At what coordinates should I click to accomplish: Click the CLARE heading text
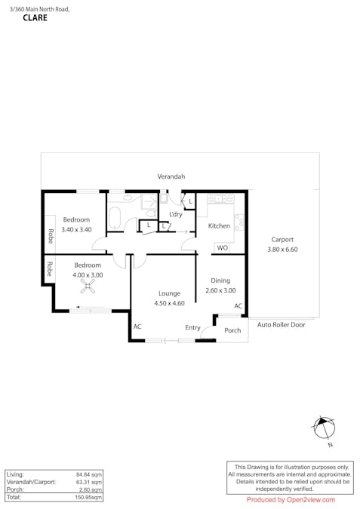click(35, 18)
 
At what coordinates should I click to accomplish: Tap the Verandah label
click(171, 176)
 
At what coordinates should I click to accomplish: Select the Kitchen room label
click(219, 226)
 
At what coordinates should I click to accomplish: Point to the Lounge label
click(169, 293)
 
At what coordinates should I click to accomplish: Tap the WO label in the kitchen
click(222, 247)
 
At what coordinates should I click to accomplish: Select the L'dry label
click(176, 214)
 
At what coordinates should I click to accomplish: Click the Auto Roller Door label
click(282, 325)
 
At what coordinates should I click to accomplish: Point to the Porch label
click(233, 330)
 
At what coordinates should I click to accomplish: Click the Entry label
click(193, 327)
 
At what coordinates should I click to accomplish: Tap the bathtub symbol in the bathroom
click(115, 219)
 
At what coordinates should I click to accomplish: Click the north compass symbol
click(325, 428)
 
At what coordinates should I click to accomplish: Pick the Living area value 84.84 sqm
click(89, 474)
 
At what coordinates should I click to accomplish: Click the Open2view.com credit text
click(291, 499)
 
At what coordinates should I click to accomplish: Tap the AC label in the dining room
click(238, 306)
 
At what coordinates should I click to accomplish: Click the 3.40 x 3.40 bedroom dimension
click(76, 229)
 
